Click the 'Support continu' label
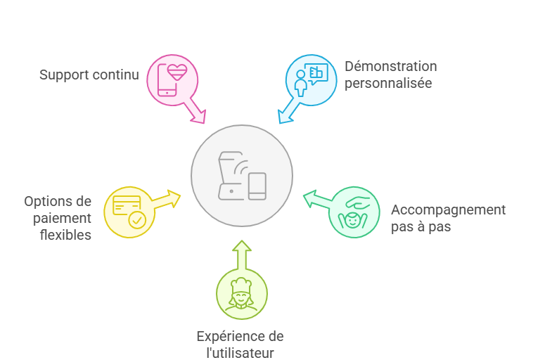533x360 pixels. [x=89, y=75]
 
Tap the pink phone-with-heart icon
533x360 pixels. [x=172, y=79]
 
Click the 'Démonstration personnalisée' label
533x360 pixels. [x=390, y=75]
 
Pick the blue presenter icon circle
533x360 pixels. [x=311, y=79]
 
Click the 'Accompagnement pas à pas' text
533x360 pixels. [x=448, y=218]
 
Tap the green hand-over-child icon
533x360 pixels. [x=354, y=212]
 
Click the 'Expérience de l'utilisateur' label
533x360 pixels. [x=240, y=345]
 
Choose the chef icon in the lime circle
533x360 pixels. [x=241, y=293]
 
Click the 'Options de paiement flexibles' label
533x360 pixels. [x=58, y=218]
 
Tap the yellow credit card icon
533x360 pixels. [x=129, y=212]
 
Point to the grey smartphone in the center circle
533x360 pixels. [x=258, y=186]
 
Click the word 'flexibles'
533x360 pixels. [x=65, y=235]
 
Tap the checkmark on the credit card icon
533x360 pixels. [x=137, y=221]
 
